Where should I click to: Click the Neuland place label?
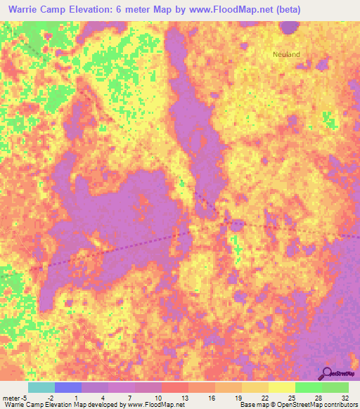(286, 54)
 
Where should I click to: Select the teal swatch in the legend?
(41, 387)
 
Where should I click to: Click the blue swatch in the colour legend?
(67, 387)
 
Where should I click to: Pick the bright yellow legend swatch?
(281, 387)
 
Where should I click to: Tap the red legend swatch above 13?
(174, 387)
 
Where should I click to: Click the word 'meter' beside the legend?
(10, 398)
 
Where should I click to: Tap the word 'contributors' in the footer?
(340, 405)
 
